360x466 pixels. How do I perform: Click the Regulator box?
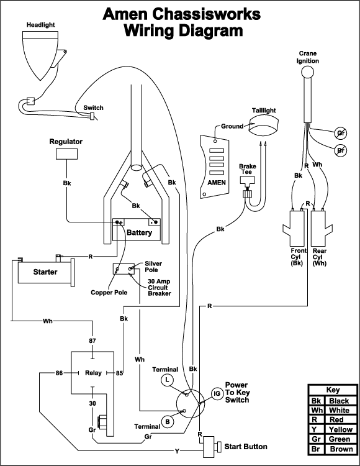coord(67,154)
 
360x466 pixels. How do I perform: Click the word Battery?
coord(139,232)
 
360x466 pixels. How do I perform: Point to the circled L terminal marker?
coord(168,380)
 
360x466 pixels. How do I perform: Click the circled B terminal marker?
coord(168,422)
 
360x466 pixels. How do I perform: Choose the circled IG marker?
coord(217,393)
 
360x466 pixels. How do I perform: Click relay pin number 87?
coord(92,340)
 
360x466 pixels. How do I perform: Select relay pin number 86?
coord(60,373)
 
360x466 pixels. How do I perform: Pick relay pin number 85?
coord(119,373)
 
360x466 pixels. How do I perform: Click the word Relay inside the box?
coord(93,373)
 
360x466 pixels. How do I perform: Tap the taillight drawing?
coord(263,126)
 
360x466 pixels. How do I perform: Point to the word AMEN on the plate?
coord(217,183)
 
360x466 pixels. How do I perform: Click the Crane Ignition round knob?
coord(307,72)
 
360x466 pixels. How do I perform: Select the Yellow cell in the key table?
coord(341,429)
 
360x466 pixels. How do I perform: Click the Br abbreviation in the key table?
coord(316,449)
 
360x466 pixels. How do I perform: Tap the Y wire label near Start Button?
coord(177,452)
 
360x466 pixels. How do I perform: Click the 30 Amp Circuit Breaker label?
coord(160,288)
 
